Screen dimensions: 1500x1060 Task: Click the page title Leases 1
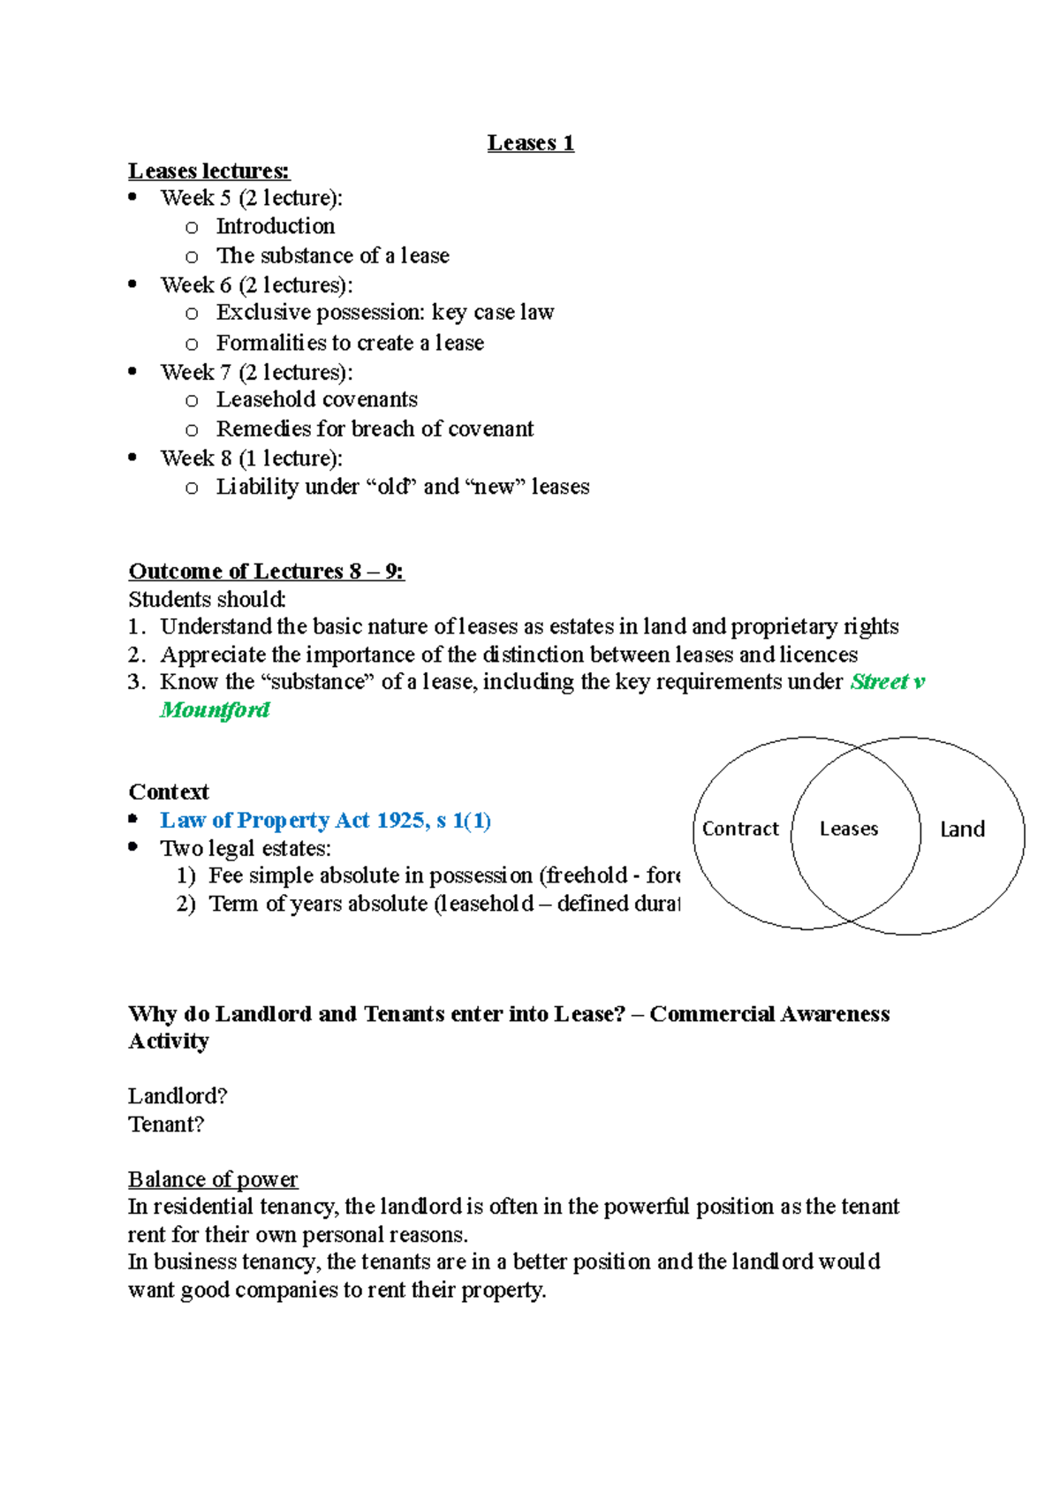530,143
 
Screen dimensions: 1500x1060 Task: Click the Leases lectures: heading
208,170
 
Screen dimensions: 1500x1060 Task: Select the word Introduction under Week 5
275,226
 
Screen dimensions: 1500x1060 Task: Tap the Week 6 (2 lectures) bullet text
256,285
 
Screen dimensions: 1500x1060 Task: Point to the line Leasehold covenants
316,399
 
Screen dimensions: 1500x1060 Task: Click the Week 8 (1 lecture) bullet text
251,458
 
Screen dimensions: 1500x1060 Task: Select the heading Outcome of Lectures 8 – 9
266,572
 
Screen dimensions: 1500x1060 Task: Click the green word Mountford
215,710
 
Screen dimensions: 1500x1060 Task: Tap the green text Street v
887,682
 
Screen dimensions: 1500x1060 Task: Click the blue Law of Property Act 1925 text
325,821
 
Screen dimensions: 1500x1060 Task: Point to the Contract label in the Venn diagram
740,829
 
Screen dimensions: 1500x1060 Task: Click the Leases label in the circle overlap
848,829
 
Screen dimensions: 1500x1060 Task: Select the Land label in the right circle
962,829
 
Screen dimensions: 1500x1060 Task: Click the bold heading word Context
169,792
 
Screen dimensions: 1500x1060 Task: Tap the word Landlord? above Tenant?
177,1096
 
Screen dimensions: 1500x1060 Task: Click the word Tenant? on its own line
166,1125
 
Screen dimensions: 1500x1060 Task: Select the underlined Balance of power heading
212,1179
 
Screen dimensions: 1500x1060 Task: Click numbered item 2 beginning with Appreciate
508,655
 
